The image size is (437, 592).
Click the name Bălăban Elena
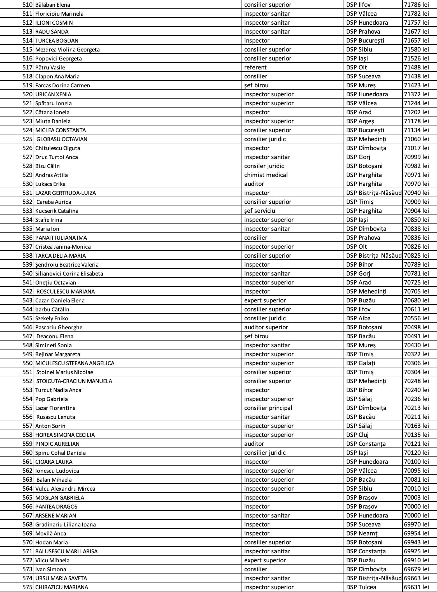click(53, 5)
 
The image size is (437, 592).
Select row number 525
click(27, 139)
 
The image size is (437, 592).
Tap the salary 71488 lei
click(416, 67)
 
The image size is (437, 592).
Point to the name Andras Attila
click(52, 175)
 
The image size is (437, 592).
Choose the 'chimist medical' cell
click(266, 175)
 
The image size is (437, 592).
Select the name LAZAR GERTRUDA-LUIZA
click(66, 193)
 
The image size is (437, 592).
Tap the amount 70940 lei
click(416, 193)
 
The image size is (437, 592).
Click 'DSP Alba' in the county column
click(358, 318)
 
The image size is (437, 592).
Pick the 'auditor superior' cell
click(266, 327)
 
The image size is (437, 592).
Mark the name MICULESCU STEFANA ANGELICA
click(75, 363)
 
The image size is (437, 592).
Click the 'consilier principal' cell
click(268, 408)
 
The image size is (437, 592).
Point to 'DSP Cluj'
click(357, 435)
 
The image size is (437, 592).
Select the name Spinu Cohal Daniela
click(61, 453)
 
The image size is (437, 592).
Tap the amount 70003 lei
click(416, 498)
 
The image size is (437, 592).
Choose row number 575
click(27, 587)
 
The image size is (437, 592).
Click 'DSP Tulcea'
click(361, 587)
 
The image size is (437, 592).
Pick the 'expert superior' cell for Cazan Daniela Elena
click(265, 300)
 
